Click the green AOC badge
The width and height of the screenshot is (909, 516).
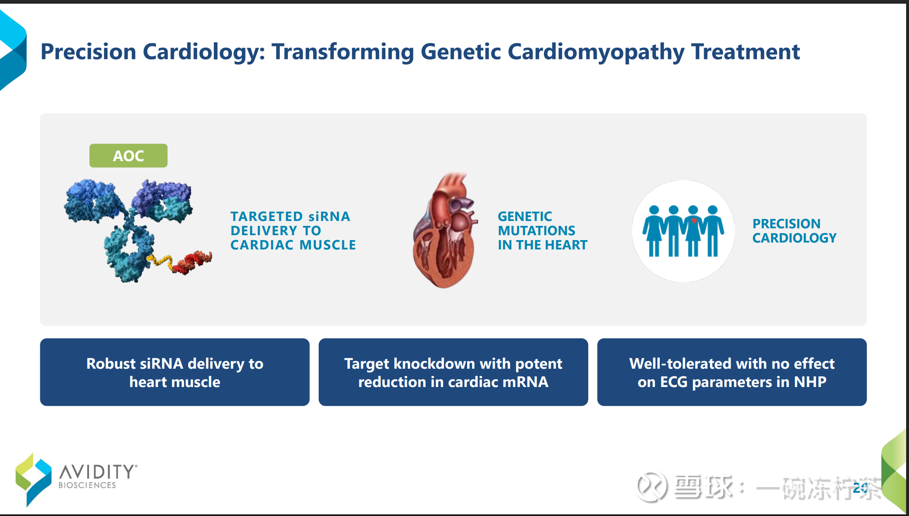[x=128, y=155]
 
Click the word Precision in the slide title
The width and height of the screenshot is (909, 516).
[x=89, y=52]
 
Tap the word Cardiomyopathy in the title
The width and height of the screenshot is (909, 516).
[x=596, y=52]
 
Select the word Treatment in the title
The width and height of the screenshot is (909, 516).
[x=746, y=52]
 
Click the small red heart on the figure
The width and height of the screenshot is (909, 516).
[x=694, y=221]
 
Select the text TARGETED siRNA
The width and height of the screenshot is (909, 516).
[x=290, y=216]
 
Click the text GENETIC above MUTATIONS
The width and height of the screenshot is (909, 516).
[x=525, y=216]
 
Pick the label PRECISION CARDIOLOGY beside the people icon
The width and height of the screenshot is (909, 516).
[x=794, y=231]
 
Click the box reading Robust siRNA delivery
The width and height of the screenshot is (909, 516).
[x=175, y=372]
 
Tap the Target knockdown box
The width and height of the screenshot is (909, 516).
[x=453, y=372]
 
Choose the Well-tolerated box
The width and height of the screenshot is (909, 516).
[x=732, y=372]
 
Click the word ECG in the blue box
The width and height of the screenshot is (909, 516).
[x=674, y=382]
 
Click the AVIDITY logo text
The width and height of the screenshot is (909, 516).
[x=98, y=472]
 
